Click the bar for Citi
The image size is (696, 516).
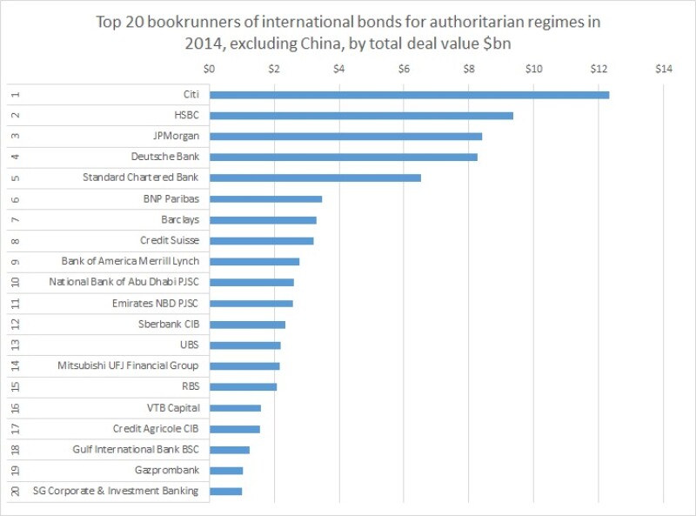[x=409, y=95]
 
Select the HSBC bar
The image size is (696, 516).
[x=361, y=116]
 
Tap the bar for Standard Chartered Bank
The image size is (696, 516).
[x=315, y=178]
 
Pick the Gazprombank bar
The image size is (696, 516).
[x=226, y=470]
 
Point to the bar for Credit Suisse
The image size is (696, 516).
[x=261, y=240]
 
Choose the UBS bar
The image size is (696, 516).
[x=244, y=345]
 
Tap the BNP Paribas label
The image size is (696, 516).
[x=171, y=198]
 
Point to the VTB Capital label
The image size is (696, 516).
[x=173, y=407]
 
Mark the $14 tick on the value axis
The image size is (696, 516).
[x=663, y=69]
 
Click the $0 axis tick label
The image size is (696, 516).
[x=209, y=69]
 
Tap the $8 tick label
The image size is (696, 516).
[x=469, y=69]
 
